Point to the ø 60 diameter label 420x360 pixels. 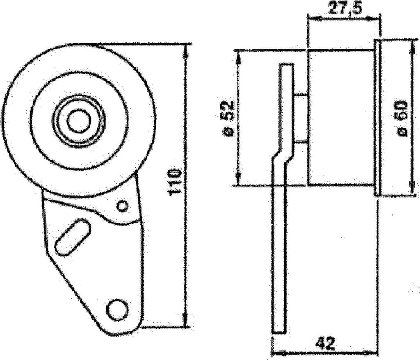pyautogui.click(x=402, y=118)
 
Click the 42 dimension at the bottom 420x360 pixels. pyautogui.click(x=326, y=343)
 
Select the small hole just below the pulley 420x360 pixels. pyautogui.click(x=122, y=206)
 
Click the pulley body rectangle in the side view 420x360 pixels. pyautogui.click(x=340, y=117)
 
